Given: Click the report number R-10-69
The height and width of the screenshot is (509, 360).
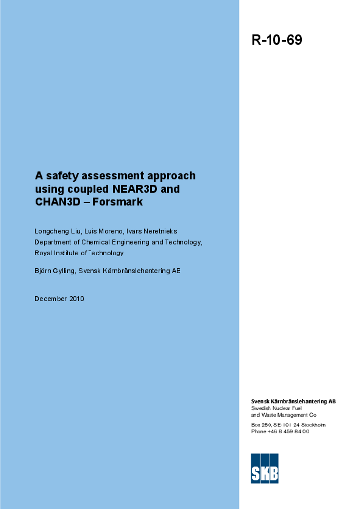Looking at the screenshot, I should click(276, 40).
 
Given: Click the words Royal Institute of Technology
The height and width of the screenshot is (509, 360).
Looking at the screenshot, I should click(79, 253).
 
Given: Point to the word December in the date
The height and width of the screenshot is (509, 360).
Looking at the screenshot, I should click(51, 299).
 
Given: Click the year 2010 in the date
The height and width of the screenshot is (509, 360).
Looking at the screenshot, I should click(77, 299).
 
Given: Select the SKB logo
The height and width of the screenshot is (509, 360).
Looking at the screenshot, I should click(265, 468).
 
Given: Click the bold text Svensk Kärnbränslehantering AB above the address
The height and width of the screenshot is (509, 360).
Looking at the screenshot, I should click(293, 401).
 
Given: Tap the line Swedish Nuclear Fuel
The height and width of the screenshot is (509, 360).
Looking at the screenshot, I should click(276, 408).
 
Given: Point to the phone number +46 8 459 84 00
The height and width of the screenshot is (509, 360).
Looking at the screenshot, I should click(288, 431).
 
